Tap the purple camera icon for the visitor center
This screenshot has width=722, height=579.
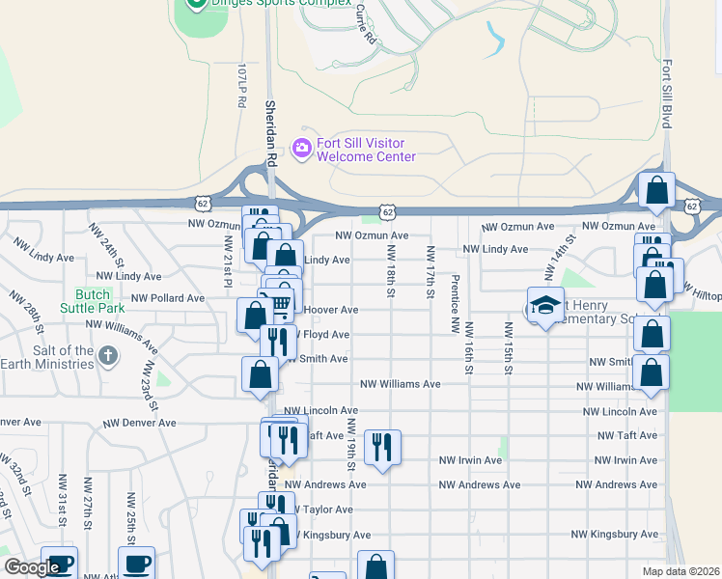pyautogui.click(x=301, y=146)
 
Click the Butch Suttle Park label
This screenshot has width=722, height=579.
pyautogui.click(x=93, y=301)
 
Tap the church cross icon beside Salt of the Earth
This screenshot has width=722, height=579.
pyautogui.click(x=107, y=357)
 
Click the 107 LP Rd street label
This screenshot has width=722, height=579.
pyautogui.click(x=242, y=87)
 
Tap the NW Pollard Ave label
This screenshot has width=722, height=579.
pyautogui.click(x=168, y=298)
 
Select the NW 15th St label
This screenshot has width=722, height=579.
pyautogui.click(x=506, y=348)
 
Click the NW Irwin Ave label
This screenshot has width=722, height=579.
pyautogui.click(x=471, y=460)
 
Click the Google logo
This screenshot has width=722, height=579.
pyautogui.click(x=31, y=567)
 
